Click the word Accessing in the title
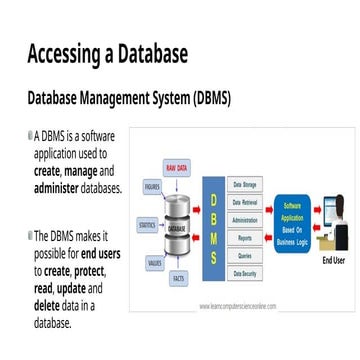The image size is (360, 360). (x=69, y=53)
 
